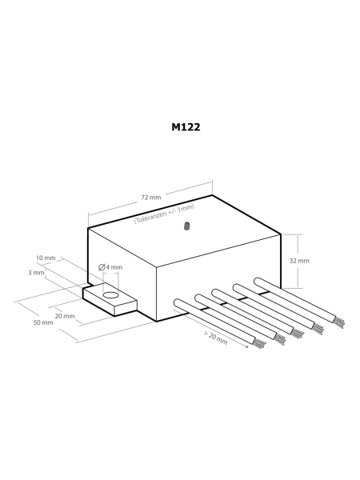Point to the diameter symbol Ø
[102, 267]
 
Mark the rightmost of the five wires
[293, 292]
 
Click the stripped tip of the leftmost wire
[261, 343]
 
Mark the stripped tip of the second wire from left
[279, 335]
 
